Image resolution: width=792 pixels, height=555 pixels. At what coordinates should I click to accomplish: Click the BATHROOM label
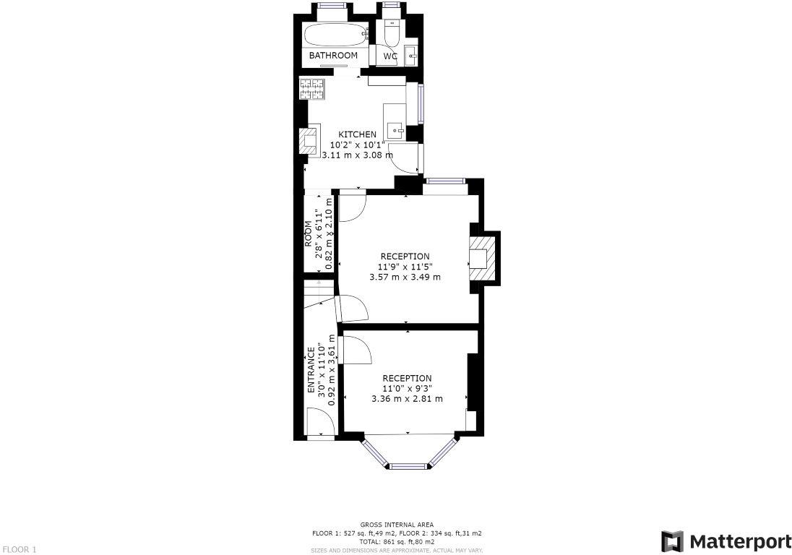point(333,56)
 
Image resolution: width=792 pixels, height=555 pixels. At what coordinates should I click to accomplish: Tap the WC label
point(390,56)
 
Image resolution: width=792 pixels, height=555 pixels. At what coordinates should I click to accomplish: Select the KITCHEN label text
point(357,134)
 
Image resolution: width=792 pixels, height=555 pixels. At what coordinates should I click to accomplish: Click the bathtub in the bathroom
point(334,35)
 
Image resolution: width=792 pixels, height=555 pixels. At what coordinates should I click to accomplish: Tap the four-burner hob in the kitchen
point(312,89)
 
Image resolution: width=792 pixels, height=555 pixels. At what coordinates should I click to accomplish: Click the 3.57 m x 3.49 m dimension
point(405,277)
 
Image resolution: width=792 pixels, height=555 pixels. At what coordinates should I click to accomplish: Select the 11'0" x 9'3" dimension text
point(407,388)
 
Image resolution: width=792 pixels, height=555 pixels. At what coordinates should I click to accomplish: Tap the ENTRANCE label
point(311,370)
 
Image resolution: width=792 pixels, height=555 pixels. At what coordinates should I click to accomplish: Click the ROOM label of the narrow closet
point(308,234)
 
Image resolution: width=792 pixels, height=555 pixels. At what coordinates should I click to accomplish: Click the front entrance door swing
point(319,421)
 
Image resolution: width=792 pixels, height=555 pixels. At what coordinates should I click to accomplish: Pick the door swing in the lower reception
point(356,350)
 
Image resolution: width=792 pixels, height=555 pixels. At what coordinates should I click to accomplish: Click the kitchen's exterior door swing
point(405,158)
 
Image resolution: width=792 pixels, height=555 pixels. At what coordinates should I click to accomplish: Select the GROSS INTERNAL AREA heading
point(397,525)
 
